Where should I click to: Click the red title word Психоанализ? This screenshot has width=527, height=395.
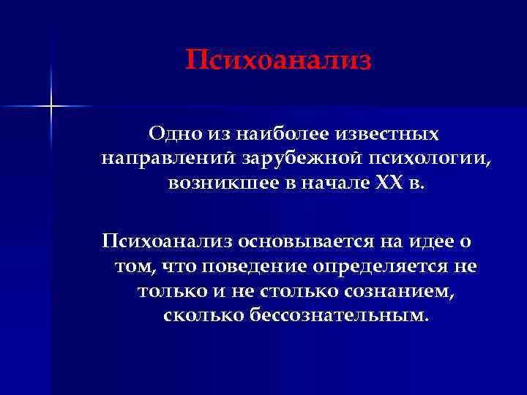(x=278, y=60)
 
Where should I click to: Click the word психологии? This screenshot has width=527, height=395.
(x=415, y=158)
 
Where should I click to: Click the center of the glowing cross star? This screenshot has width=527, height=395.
(x=51, y=107)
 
